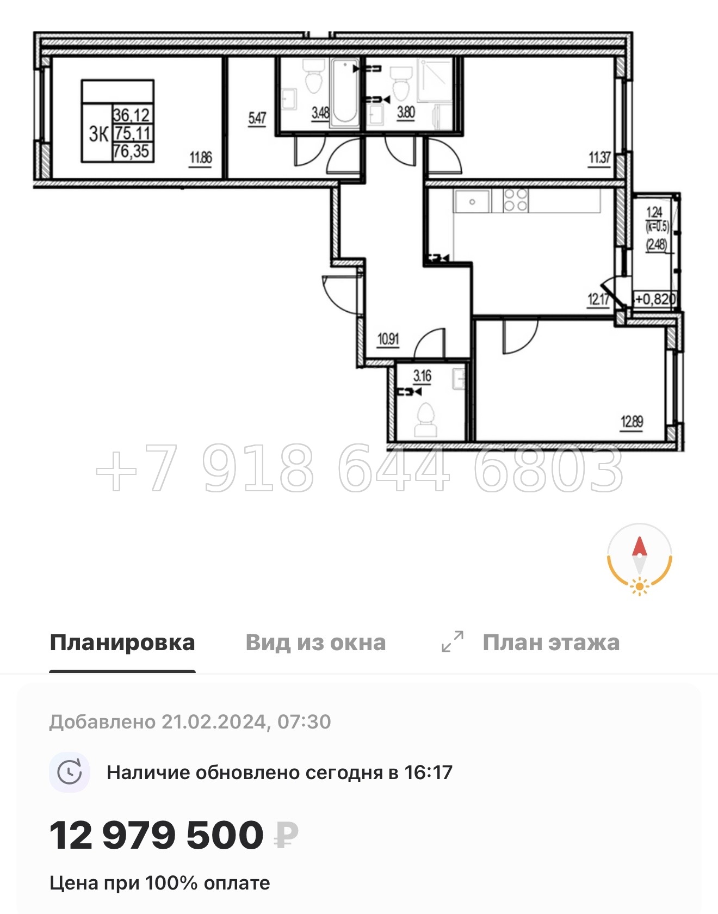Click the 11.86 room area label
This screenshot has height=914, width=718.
[200, 158]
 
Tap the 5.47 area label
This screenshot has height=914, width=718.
[257, 119]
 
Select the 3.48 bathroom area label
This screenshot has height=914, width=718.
[320, 113]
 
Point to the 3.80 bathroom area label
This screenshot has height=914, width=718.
[406, 113]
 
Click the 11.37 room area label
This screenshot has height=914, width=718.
[599, 158]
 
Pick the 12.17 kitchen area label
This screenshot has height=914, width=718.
[598, 299]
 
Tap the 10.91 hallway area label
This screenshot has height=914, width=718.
[388, 339]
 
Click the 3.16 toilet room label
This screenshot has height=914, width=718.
[422, 376]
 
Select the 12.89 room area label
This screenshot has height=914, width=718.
[632, 422]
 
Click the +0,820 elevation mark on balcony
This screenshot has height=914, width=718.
[655, 299]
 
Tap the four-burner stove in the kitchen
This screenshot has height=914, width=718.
[515, 200]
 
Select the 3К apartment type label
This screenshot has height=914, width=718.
[99, 134]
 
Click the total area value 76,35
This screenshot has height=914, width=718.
[132, 151]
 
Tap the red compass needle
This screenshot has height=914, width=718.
[639, 547]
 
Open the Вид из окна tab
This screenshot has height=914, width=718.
[315, 643]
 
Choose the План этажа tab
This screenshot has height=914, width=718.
[550, 643]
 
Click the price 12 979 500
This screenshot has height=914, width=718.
[157, 836]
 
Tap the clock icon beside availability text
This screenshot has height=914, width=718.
[70, 773]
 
